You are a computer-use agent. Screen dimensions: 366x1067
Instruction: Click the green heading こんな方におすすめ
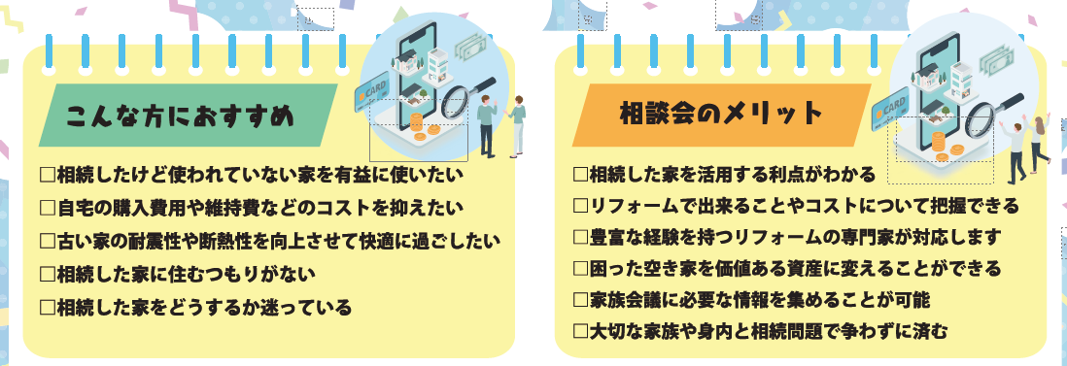[180, 116]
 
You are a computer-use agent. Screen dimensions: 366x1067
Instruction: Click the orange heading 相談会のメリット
[720, 115]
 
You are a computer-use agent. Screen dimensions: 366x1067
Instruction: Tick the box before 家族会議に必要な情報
[581, 298]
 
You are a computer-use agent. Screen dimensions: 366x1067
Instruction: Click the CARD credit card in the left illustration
[374, 94]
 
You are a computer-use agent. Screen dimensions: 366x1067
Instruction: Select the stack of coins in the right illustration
[939, 143]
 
